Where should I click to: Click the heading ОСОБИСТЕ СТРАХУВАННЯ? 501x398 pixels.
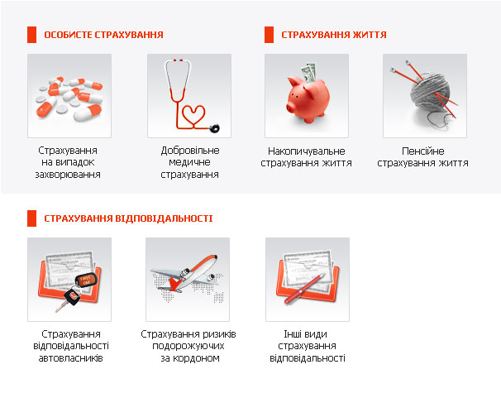point(103,35)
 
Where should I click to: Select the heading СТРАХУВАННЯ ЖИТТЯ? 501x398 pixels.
point(334,35)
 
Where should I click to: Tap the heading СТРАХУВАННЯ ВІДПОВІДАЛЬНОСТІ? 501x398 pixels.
point(128,218)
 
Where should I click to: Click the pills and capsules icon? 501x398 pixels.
point(69,96)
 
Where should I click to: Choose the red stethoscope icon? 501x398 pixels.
point(189,96)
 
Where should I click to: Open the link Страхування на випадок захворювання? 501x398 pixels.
point(69,163)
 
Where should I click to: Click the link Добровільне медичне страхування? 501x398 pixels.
point(189,163)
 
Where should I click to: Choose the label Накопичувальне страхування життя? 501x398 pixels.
point(306,157)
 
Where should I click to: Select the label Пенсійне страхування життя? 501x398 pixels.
point(423,157)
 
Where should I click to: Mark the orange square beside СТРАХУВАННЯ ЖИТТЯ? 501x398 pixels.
point(269,35)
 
